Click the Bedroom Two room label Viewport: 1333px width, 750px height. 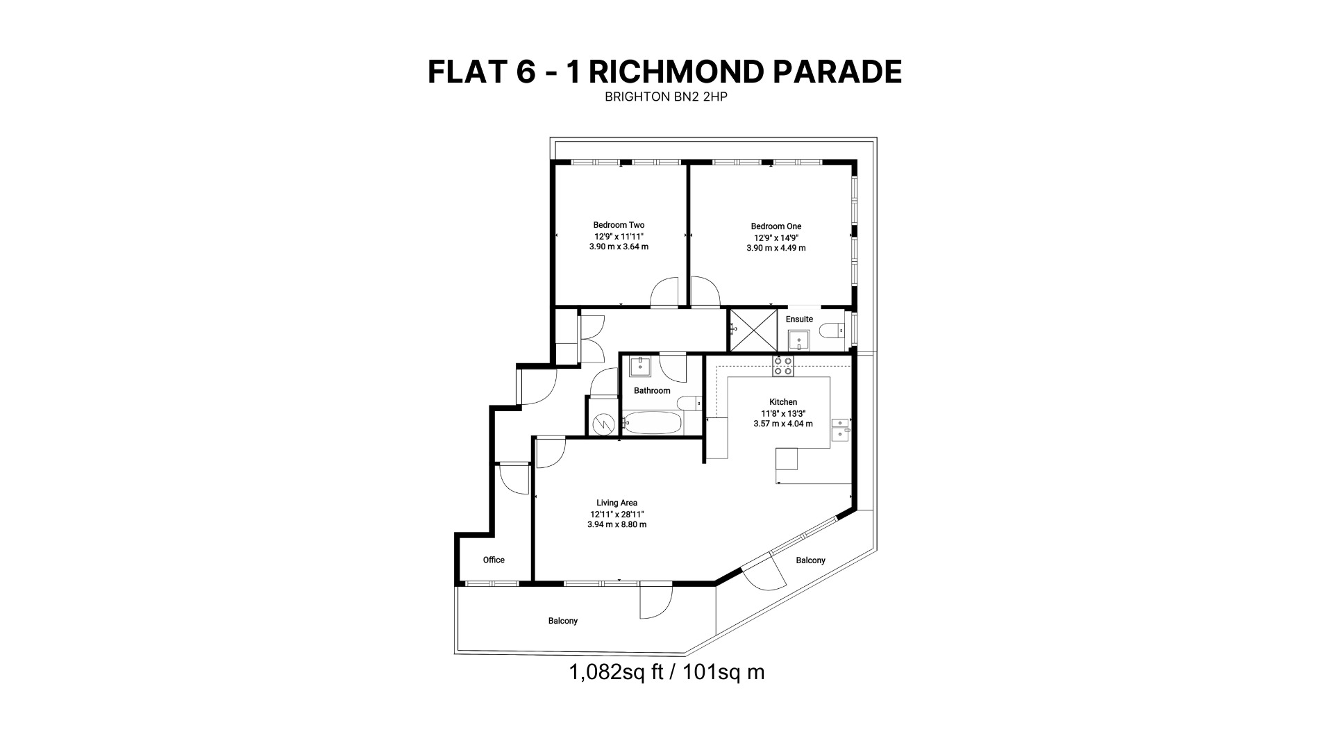[619, 225]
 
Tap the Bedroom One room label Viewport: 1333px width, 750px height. [776, 226]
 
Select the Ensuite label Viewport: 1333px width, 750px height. [799, 319]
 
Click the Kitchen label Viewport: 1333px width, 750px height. [783, 402]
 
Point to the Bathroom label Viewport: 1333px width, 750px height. [652, 391]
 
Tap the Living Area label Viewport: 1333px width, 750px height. [617, 503]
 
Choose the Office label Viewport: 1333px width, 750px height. [494, 560]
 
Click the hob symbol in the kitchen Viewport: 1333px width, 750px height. [783, 366]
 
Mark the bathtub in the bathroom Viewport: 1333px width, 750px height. [653, 422]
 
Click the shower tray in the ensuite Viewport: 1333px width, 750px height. [753, 331]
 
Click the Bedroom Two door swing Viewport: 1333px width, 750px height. [664, 292]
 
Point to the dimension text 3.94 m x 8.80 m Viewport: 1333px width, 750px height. [617, 525]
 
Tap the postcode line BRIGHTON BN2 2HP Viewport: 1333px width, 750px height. [666, 97]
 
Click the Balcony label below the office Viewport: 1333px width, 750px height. [563, 621]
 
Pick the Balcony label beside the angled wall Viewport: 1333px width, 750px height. [810, 560]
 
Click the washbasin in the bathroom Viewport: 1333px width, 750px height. [640, 366]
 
